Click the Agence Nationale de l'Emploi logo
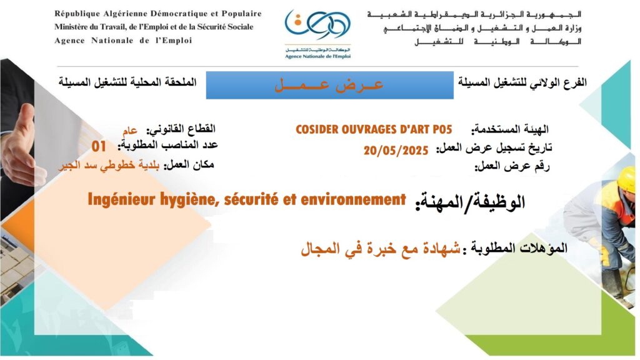coord(317,34)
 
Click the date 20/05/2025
coord(396,151)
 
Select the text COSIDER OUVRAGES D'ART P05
coord(374,130)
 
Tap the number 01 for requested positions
coord(99,146)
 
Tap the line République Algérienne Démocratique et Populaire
coord(158,14)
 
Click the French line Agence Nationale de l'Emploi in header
coord(123,41)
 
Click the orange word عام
coord(130,131)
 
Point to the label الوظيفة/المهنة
coord(470,202)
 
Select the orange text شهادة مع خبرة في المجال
coord(381,248)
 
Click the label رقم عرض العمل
coord(512,166)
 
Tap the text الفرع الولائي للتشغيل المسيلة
coord(522,82)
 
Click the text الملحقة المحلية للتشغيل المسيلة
coord(127,82)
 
